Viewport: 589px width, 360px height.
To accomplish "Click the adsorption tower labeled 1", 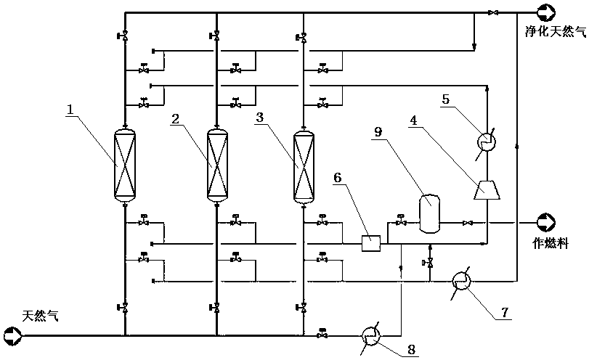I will point(125,165).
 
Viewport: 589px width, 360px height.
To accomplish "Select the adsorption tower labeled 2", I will point(216,165).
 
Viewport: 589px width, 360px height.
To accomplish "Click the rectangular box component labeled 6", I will point(372,243).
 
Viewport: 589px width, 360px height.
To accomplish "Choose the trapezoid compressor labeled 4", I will point(486,190).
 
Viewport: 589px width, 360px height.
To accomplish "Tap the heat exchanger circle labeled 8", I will point(371,335).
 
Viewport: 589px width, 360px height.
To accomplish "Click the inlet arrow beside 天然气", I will point(12,335).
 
